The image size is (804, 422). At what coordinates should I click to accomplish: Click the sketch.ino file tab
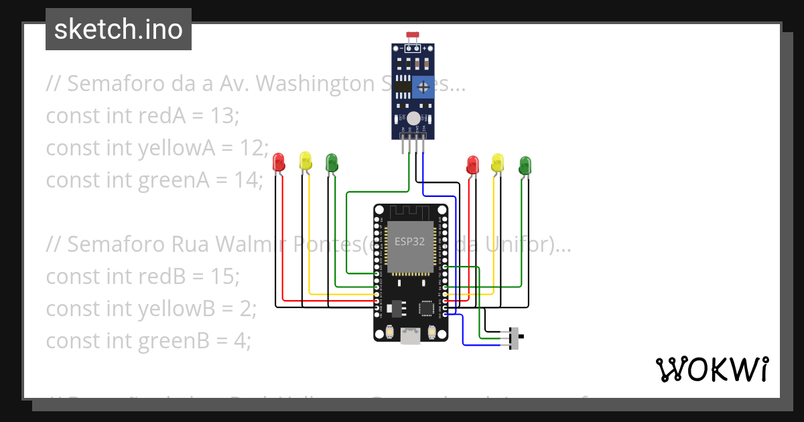[x=118, y=29]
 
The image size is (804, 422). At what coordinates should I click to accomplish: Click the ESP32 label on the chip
[x=409, y=242]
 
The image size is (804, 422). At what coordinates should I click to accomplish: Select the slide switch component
[x=515, y=338]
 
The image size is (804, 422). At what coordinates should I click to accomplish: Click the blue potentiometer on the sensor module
[x=423, y=86]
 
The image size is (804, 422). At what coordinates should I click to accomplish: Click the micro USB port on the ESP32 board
[x=410, y=336]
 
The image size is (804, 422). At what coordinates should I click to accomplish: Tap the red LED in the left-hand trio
[x=279, y=161]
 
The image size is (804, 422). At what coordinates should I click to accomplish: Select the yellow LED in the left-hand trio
[x=306, y=160]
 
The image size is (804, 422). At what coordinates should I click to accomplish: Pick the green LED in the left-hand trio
[x=331, y=161]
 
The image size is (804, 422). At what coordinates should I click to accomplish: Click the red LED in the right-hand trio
[x=472, y=164]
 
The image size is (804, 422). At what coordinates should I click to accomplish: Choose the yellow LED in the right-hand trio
[x=497, y=162]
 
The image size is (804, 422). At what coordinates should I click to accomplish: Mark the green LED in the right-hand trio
[x=525, y=164]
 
